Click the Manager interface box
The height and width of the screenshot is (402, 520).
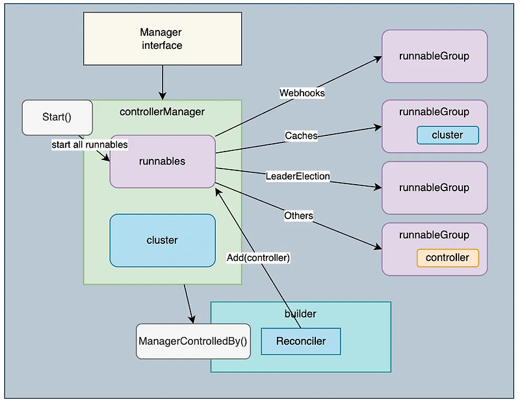point(162,38)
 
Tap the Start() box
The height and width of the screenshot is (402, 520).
point(57,118)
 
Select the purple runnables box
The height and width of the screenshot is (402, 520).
point(162,161)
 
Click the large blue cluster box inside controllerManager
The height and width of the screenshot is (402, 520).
point(162,240)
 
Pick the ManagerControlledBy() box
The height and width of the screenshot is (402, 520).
point(193,342)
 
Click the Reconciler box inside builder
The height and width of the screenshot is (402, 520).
point(301,342)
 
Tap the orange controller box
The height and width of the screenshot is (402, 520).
point(448,258)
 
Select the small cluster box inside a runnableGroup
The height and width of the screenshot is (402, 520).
point(448,135)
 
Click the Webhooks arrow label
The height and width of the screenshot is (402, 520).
point(302,93)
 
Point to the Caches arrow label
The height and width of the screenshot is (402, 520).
point(301,135)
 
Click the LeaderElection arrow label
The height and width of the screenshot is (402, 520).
point(298,176)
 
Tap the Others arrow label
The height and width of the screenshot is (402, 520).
point(298,216)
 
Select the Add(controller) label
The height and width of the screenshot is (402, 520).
point(258,258)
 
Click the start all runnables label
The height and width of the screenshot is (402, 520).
point(90,145)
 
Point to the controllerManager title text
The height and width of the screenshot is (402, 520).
point(162,112)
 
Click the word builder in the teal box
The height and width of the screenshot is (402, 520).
point(300,314)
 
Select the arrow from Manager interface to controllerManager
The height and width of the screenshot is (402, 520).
point(162,83)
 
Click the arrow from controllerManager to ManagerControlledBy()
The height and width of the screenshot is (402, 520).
point(188,304)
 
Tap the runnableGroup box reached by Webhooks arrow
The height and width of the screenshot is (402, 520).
point(434,56)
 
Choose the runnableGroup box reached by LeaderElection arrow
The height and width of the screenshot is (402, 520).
point(434,188)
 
